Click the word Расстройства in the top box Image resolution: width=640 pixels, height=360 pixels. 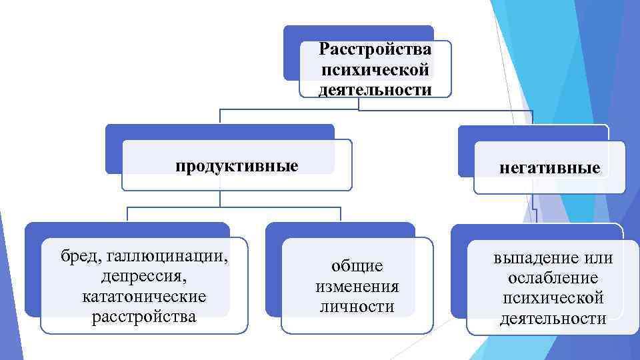(x=375, y=49)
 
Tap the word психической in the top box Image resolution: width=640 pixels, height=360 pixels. (x=375, y=69)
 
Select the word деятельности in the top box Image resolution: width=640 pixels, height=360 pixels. (x=375, y=89)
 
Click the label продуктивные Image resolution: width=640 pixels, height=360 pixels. (x=237, y=165)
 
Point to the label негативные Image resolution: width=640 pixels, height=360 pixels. (x=550, y=167)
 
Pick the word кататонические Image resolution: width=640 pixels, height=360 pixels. (x=144, y=295)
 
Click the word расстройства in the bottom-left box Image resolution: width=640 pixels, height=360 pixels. (x=144, y=315)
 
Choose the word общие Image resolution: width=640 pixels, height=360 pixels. (x=357, y=266)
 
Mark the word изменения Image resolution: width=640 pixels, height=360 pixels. (x=357, y=287)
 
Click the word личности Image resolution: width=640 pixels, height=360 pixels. (x=357, y=307)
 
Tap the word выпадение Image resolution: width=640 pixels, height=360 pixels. (x=533, y=258)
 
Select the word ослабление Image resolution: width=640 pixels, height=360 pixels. (x=553, y=278)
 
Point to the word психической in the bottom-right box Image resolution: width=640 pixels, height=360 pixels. (x=553, y=298)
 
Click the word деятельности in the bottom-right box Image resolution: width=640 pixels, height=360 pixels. (x=553, y=319)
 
